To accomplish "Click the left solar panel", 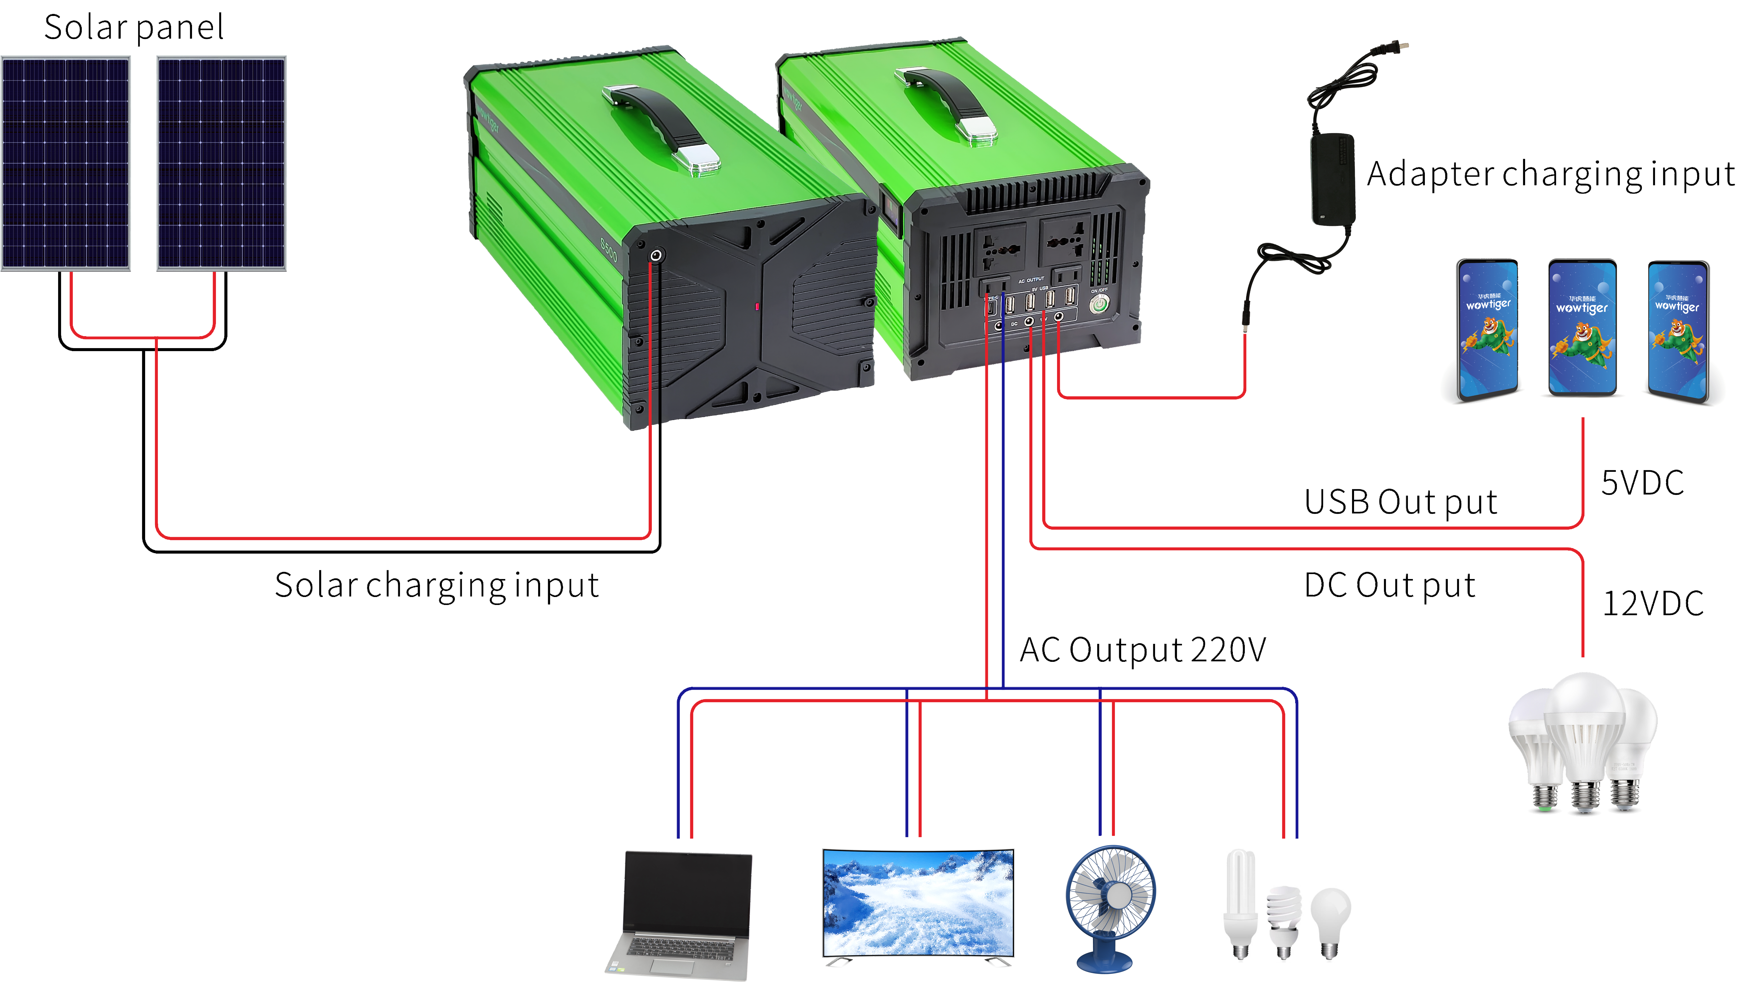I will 66,164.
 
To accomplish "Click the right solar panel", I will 221,164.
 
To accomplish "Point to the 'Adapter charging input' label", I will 1551,174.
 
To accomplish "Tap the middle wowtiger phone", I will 1582,328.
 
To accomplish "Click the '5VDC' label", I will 1642,483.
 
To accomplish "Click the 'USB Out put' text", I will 1400,502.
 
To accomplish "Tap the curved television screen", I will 918,902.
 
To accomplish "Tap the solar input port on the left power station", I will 656,255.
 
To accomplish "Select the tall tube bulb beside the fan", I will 1240,901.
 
